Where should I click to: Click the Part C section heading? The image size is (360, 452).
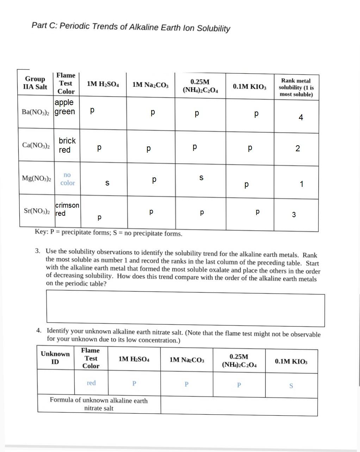(131, 27)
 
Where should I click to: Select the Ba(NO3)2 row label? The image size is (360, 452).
(35, 112)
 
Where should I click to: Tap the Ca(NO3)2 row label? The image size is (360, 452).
(36, 145)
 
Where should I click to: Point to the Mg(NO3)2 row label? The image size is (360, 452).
(36, 178)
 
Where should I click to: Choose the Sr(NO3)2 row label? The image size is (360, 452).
(37, 211)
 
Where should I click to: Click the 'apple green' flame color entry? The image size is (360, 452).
(65, 107)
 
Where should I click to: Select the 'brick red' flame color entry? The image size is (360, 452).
(67, 145)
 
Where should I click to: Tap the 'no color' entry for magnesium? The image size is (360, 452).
(67, 179)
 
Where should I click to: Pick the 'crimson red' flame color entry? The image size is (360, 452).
(67, 209)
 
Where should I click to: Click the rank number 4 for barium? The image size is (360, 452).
(300, 118)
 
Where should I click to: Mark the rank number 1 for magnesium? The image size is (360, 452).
(301, 184)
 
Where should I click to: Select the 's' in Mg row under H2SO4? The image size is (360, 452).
(107, 183)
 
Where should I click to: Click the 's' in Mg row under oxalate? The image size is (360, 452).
(201, 178)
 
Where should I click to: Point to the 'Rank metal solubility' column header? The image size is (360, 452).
(296, 87)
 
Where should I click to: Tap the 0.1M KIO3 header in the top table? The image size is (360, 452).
(249, 86)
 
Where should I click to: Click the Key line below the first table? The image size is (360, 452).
(108, 233)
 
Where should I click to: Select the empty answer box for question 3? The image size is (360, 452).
(185, 309)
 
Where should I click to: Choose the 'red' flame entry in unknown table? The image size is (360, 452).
(91, 383)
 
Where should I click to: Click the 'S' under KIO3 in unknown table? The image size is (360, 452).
(291, 386)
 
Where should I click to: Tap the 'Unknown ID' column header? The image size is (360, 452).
(55, 358)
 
